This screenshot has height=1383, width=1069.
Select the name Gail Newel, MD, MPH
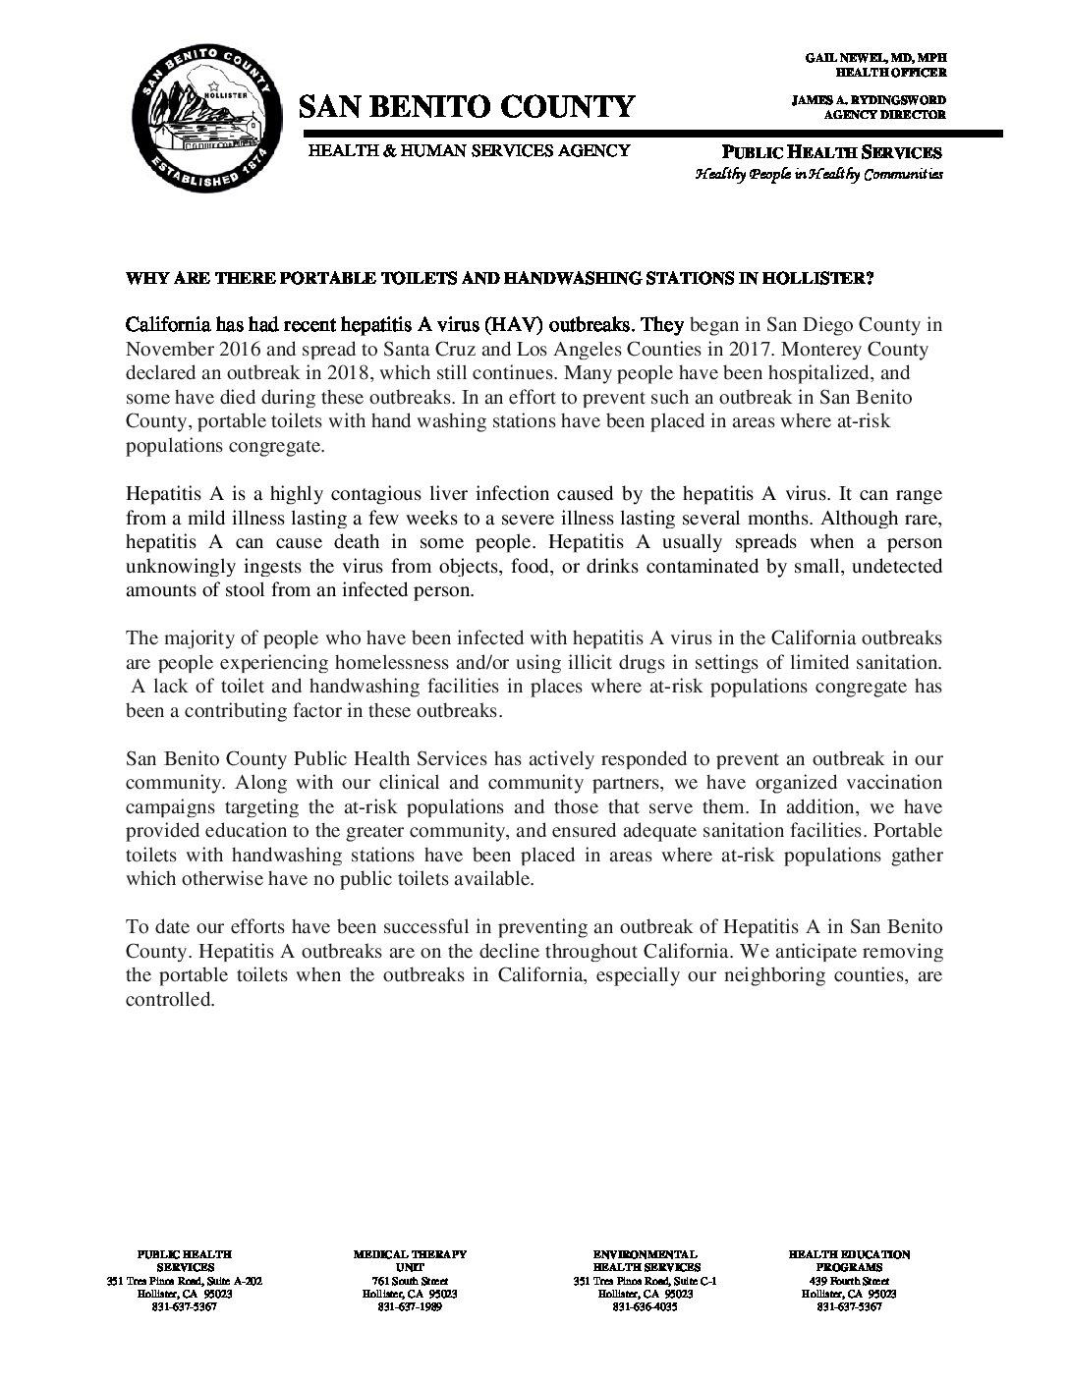coord(875,59)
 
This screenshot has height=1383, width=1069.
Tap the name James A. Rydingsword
coord(868,101)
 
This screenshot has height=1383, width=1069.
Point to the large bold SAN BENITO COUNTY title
coord(467,106)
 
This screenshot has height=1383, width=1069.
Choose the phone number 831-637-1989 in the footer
coord(410,1307)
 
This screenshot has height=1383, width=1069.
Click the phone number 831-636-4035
coord(645,1307)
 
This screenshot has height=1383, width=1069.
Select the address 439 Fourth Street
coord(849,1281)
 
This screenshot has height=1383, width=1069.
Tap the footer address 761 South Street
coord(410,1281)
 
